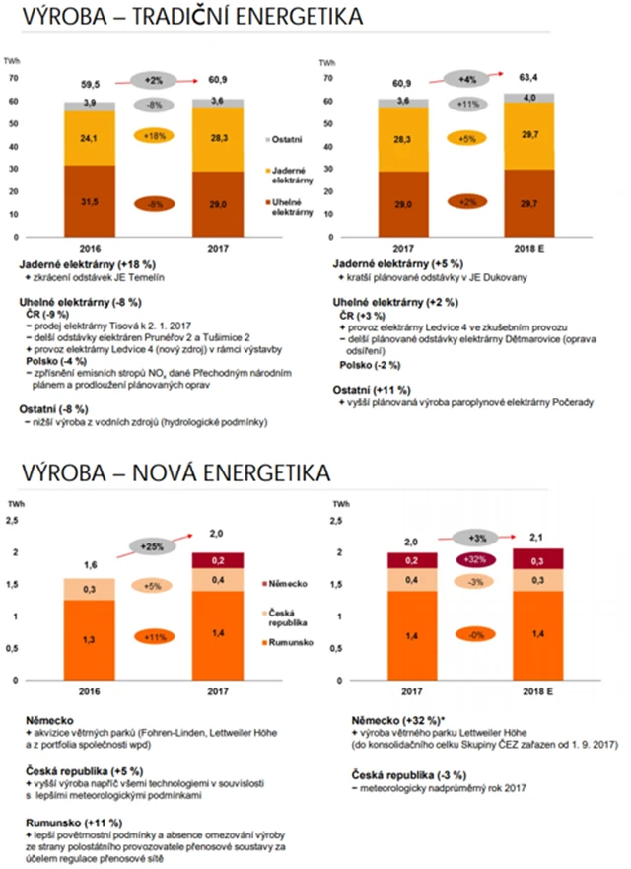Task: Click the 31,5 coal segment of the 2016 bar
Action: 90,201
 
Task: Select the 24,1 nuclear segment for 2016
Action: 90,137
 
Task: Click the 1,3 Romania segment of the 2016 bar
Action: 90,639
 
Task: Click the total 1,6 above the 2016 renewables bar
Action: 90,564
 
